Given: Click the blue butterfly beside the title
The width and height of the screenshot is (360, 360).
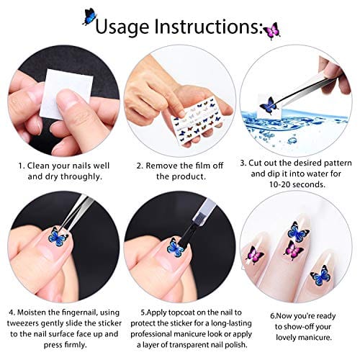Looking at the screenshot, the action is [x=89, y=17].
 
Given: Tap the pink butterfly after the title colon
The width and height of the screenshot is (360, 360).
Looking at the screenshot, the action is [x=271, y=31].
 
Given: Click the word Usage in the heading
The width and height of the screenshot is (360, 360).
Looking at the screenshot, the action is [x=122, y=27].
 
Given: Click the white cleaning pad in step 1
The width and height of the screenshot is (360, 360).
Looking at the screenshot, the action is [x=66, y=94].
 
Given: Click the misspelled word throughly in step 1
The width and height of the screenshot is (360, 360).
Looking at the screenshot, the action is [x=81, y=176].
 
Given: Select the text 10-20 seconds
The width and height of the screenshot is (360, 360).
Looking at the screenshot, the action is [x=297, y=184].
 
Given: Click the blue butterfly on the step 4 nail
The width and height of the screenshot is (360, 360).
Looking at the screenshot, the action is [x=58, y=237].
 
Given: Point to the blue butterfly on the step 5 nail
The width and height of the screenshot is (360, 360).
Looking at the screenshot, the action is [x=176, y=247].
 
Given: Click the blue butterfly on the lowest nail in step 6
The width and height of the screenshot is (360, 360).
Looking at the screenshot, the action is [x=320, y=276].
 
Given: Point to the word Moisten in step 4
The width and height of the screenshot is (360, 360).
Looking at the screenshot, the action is [x=30, y=312].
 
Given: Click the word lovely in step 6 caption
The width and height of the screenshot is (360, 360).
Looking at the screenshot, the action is [x=286, y=338].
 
